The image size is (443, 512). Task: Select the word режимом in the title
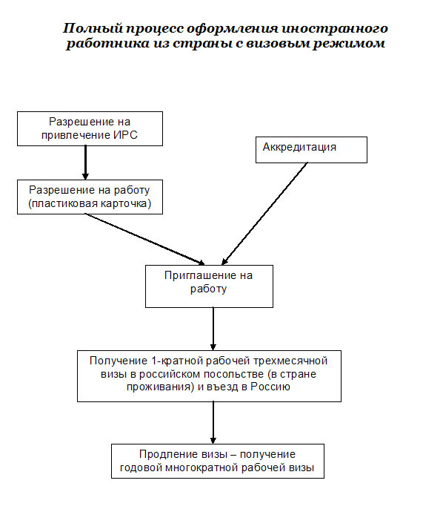click(349, 44)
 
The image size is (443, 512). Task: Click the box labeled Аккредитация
click(311, 150)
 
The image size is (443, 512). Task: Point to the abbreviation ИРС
click(125, 135)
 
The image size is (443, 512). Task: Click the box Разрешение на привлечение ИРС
click(90, 128)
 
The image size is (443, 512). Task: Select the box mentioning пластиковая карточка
click(90, 197)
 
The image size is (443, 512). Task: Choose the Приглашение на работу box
click(209, 286)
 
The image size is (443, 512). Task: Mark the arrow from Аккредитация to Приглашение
click(264, 214)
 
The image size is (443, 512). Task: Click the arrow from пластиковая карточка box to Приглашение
click(144, 240)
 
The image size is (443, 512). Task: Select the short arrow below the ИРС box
click(85, 163)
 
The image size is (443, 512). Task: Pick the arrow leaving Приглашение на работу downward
click(213, 329)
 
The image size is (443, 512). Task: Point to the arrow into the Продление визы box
click(213, 422)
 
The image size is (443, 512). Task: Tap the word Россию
click(270, 387)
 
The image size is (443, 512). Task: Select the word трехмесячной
click(290, 361)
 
